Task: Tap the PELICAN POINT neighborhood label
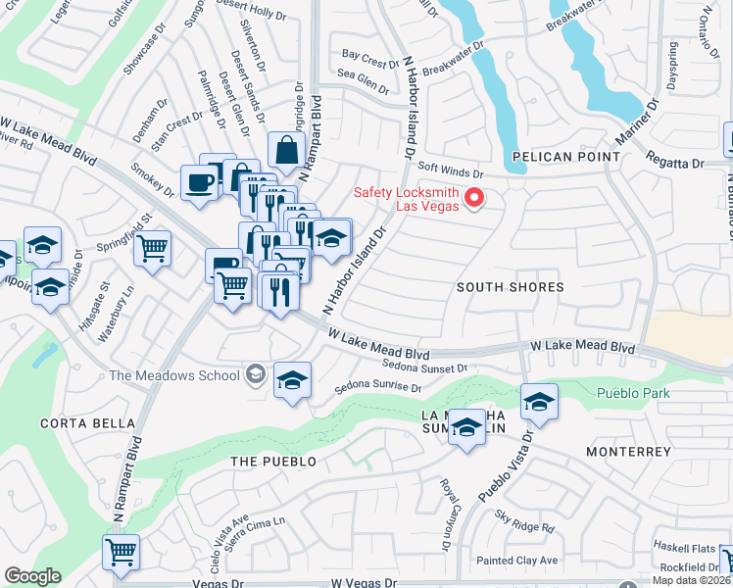pos(563,156)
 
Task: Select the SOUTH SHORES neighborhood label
pos(511,287)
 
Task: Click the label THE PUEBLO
pos(273,461)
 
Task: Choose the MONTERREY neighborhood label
pos(628,452)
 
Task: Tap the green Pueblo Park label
pos(635,393)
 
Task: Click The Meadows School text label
pos(174,375)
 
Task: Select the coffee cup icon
pos(200,181)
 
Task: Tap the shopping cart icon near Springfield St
pos(152,249)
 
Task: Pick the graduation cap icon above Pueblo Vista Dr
pos(539,400)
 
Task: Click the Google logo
pos(32,576)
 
